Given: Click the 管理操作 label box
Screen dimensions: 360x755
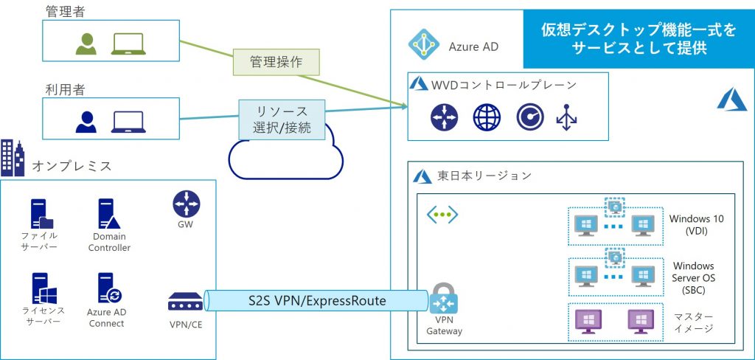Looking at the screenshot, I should click(276, 62).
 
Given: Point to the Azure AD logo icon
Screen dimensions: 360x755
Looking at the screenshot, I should click(424, 46).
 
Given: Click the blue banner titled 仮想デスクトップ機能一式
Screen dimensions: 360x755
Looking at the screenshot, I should click(639, 38).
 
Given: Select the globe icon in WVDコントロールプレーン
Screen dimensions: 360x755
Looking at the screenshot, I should click(487, 117).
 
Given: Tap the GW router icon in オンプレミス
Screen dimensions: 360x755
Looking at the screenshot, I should click(186, 204).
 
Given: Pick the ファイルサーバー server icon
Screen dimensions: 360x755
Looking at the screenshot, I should click(42, 214).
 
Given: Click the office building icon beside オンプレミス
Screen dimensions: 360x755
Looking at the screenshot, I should click(13, 157).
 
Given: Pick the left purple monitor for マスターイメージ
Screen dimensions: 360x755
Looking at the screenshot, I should click(588, 321).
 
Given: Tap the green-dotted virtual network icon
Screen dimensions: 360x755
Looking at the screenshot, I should click(443, 215).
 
